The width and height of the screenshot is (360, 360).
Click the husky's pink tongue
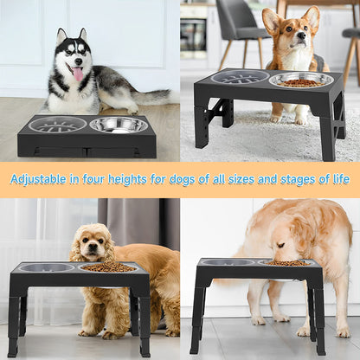(x=79, y=75)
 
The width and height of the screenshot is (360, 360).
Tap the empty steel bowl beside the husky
(x=119, y=125)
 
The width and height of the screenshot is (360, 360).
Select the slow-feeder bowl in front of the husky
(x=57, y=125)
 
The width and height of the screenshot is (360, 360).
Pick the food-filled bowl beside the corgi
(x=300, y=80)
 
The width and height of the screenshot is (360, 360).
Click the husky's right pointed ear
(x=83, y=36)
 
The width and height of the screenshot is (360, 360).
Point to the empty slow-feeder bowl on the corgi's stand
(x=240, y=77)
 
